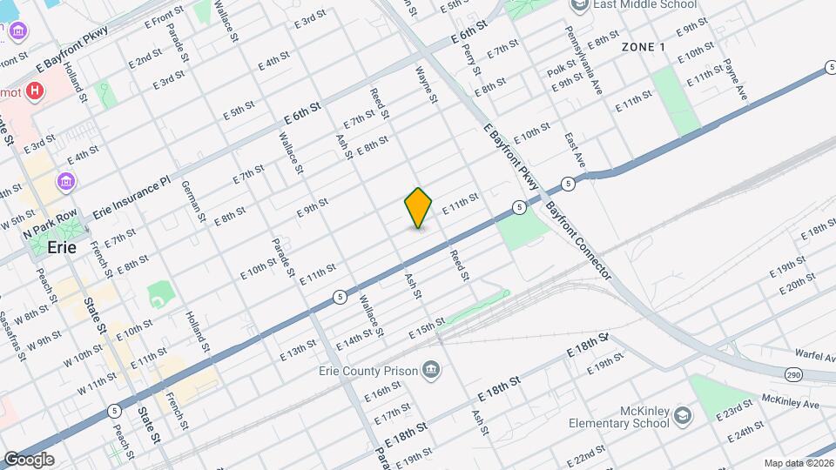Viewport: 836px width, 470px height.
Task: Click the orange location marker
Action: pyautogui.click(x=418, y=208)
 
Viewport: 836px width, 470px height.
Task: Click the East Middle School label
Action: pyautogui.click(x=644, y=5)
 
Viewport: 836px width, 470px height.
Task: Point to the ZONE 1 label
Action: pyautogui.click(x=644, y=46)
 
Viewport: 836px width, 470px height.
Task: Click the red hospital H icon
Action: pyautogui.click(x=35, y=90)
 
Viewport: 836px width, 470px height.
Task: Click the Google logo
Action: pyautogui.click(x=29, y=459)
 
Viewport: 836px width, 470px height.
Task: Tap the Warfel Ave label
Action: pyautogui.click(x=815, y=353)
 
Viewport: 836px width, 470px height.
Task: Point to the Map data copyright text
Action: pyautogui.click(x=799, y=463)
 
